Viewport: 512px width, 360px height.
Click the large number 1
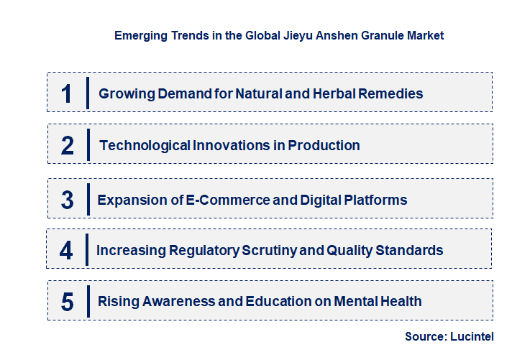[67, 93]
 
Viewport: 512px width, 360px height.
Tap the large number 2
[68, 146]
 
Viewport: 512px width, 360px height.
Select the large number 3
[68, 200]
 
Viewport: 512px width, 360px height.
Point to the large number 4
[67, 250]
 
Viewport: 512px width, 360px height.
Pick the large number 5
[68, 302]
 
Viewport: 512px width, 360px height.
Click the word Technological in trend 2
[145, 146]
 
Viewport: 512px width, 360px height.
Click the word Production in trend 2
[324, 146]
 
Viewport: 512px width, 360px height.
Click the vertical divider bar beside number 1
[87, 93]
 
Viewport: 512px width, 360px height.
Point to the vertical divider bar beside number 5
[87, 302]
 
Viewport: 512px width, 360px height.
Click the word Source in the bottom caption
[424, 336]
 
